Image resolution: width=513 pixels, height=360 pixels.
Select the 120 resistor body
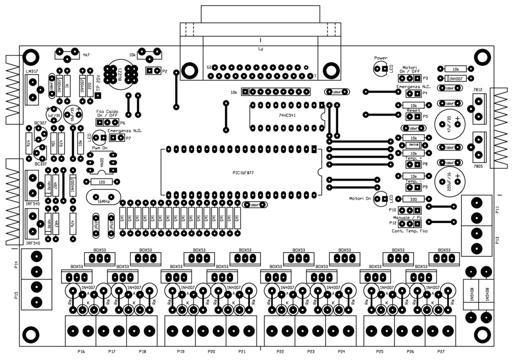[x=102, y=182]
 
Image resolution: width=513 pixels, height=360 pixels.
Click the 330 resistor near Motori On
[x=413, y=199]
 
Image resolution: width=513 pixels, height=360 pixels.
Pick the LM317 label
[x=31, y=72]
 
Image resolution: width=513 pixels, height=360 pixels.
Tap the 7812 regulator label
[x=477, y=90]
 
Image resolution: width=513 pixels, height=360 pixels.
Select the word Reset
[x=413, y=110]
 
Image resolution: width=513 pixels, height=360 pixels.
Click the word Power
[x=381, y=58]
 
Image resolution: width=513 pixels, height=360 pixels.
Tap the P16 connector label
[x=81, y=351]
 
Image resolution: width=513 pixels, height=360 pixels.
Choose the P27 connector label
[x=441, y=351]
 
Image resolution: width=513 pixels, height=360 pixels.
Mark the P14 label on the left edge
[x=16, y=266]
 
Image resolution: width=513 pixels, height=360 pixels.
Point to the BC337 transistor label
[x=41, y=163]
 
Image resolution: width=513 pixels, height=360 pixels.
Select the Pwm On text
[x=100, y=149]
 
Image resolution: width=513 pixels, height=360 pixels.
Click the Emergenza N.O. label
[x=123, y=130]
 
